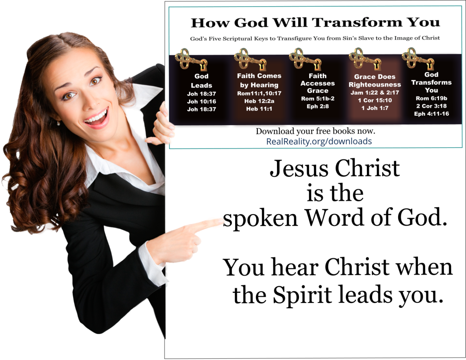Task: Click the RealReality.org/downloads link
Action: tap(319, 141)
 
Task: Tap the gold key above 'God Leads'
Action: tap(191, 60)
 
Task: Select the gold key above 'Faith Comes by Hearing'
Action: tap(250, 59)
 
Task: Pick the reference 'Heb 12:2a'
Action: tap(259, 101)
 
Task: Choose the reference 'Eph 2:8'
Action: tap(318, 106)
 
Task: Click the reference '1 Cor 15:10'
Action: tap(375, 100)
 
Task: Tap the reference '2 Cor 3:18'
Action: tap(431, 106)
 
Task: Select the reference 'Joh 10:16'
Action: tap(201, 102)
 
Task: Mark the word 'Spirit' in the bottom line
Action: tap(302, 295)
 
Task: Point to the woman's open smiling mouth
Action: tap(96, 118)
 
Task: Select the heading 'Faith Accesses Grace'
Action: tap(318, 83)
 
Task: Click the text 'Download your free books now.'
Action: tap(315, 131)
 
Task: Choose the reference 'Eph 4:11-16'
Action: tap(431, 114)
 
